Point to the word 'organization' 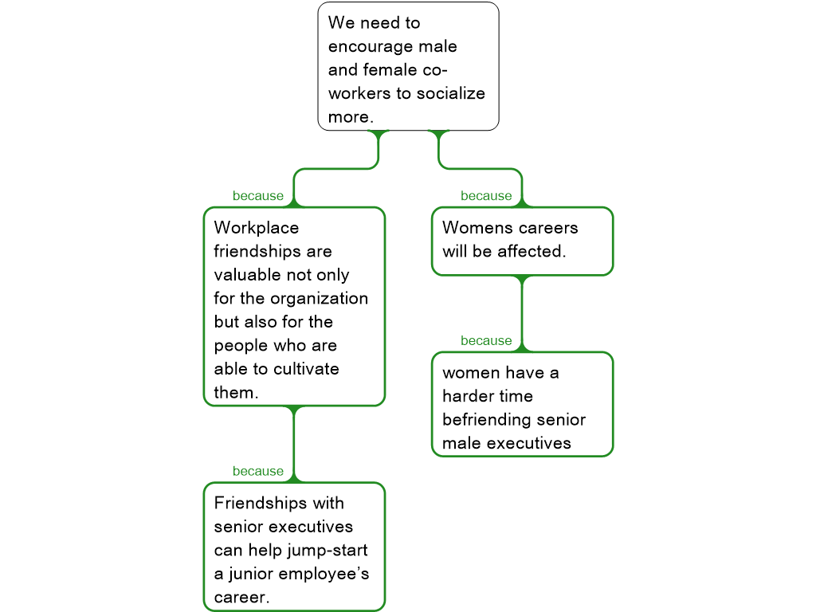point(319,299)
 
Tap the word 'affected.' point(532,251)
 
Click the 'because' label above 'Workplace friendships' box point(258,196)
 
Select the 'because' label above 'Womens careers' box point(486,196)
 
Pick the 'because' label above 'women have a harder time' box point(486,341)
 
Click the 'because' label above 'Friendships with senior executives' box point(258,471)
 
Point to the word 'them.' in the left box point(236,393)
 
